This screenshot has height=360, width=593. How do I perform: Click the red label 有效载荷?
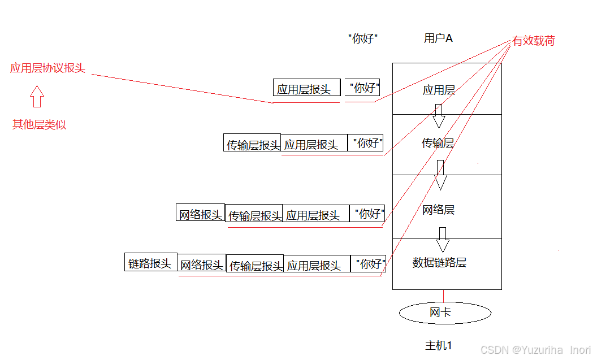point(534,41)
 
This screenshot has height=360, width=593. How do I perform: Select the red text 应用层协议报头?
point(47,68)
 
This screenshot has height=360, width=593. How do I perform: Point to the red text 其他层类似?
point(39,125)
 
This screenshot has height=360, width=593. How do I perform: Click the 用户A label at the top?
point(438,38)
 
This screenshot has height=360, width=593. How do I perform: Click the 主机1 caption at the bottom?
point(438,345)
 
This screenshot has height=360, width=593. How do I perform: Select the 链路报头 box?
point(150,262)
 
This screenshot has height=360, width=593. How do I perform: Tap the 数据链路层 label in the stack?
point(439,263)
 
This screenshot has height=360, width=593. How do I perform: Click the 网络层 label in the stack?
point(438,210)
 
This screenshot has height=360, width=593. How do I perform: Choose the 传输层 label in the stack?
point(438,144)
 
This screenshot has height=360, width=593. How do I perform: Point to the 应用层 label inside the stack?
point(439,90)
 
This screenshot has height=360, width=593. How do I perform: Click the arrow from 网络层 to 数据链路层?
point(443,240)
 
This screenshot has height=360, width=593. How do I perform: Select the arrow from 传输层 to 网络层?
point(440,175)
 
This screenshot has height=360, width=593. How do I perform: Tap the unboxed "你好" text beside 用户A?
point(362,39)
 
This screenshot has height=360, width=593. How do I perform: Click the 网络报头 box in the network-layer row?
point(200,214)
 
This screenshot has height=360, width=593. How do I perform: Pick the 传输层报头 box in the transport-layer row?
point(253,144)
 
